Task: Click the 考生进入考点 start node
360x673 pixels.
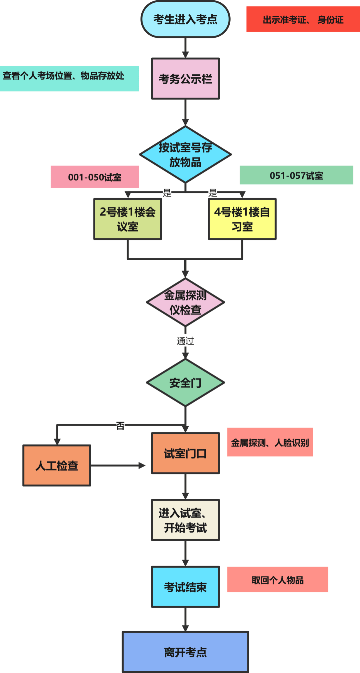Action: click(x=185, y=19)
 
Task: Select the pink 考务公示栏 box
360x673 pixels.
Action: click(x=185, y=79)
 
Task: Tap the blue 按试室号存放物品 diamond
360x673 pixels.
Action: click(x=185, y=154)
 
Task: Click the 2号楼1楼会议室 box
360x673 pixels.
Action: click(x=128, y=219)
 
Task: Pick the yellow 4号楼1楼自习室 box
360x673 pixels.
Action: click(x=242, y=219)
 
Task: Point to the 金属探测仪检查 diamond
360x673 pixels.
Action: click(x=185, y=302)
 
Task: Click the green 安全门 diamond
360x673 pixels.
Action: click(x=185, y=383)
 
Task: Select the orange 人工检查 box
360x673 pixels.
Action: click(x=57, y=465)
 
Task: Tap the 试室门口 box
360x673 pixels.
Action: click(x=185, y=453)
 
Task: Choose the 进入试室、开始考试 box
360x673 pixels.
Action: click(x=185, y=520)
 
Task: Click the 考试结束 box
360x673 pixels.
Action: click(x=185, y=587)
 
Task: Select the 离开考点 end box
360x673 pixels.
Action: click(x=185, y=652)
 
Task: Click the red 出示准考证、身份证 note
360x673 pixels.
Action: click(x=303, y=19)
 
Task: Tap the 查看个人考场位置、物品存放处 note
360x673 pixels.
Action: click(x=69, y=78)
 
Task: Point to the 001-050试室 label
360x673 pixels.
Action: click(x=95, y=177)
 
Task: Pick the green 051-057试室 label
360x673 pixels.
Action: click(x=296, y=175)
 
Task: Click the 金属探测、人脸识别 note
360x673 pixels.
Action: click(x=270, y=442)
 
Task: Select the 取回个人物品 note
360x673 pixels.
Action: click(x=278, y=580)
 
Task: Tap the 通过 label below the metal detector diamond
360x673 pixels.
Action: click(x=185, y=341)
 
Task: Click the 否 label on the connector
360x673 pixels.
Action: click(x=120, y=426)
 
